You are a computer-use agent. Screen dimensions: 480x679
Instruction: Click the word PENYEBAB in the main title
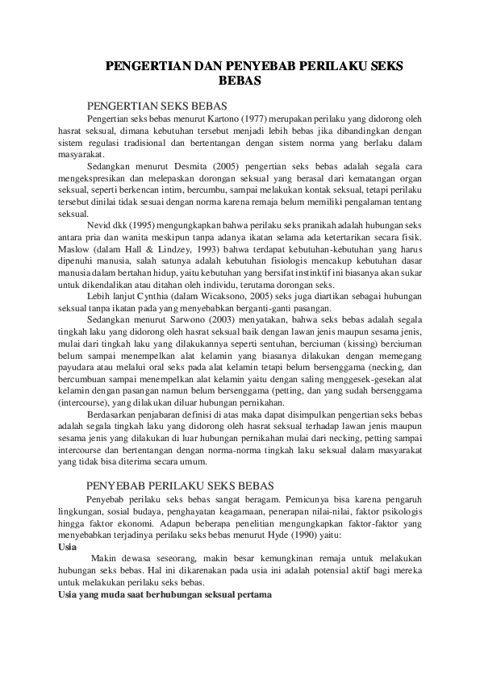[252, 65]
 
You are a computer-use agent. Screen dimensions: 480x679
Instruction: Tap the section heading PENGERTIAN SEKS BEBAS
[157, 106]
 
